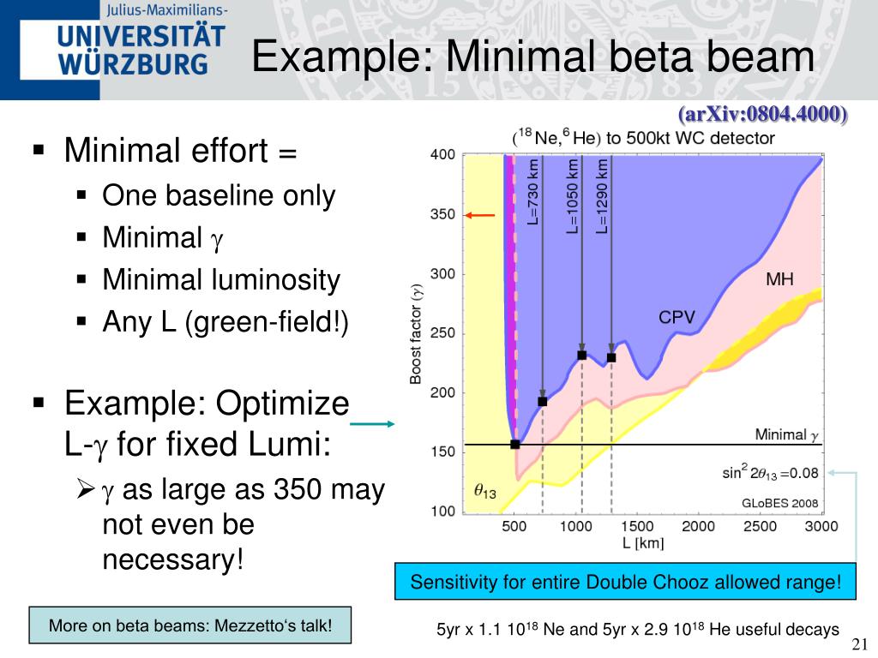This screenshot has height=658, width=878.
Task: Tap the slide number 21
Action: click(x=860, y=645)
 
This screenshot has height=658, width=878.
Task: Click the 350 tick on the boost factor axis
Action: click(x=442, y=215)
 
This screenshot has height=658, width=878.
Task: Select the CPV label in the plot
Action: click(x=676, y=319)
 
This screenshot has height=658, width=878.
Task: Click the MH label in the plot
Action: click(x=779, y=280)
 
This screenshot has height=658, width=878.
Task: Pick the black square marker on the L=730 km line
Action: click(x=542, y=401)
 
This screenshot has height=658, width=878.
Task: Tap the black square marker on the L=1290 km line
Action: click(x=611, y=357)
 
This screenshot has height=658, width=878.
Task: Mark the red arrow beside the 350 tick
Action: click(x=480, y=215)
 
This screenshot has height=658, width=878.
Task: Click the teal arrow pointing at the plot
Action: click(x=372, y=423)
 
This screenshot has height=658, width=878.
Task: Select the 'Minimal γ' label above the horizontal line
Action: click(x=786, y=435)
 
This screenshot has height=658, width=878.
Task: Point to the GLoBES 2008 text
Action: click(x=779, y=503)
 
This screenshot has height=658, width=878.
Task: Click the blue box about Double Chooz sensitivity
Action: click(x=625, y=583)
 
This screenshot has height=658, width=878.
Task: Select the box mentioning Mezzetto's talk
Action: click(x=190, y=625)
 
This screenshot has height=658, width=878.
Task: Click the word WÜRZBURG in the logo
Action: click(x=133, y=64)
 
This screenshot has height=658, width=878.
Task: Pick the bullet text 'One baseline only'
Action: click(x=219, y=196)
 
